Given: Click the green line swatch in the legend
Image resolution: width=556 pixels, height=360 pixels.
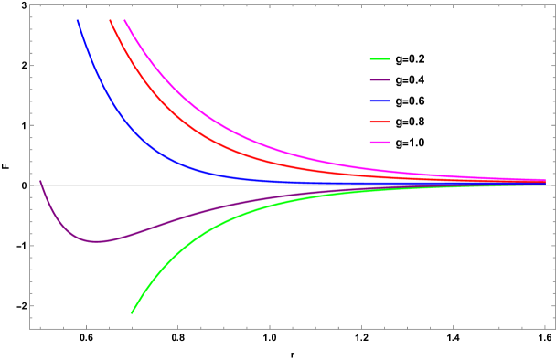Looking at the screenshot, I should point(380,59).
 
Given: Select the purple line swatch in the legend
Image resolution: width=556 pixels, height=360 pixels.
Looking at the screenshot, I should point(380,80).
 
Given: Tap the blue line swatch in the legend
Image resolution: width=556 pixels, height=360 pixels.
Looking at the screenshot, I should point(380,101).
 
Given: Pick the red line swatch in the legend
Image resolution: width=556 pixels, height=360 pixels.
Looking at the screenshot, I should point(380,122).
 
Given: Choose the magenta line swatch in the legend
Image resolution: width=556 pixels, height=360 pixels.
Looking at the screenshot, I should point(380,143).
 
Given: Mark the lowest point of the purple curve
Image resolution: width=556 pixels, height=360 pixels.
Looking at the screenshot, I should point(95,241).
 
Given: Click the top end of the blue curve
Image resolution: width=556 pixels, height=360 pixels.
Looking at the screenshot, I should point(77,20).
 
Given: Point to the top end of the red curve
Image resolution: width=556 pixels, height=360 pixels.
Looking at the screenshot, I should point(110,20).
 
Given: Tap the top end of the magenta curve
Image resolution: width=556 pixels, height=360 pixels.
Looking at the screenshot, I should point(124,20).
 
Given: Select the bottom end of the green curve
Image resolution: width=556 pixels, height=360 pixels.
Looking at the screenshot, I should point(132,313).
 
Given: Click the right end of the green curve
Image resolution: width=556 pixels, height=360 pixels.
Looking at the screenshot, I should point(495,186).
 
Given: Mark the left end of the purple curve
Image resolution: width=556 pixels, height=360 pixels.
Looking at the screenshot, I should point(40,181).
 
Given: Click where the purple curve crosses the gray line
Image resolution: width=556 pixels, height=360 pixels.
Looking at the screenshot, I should point(42,185).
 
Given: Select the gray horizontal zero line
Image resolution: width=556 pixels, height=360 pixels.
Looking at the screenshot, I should point(274,185).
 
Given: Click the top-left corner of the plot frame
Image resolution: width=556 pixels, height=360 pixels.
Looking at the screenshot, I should point(30,5).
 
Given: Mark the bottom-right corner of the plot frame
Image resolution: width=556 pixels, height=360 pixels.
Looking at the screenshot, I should point(554,328).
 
